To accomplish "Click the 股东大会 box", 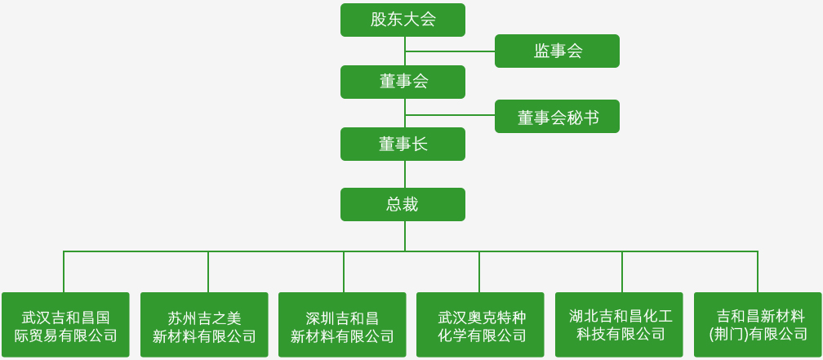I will [403, 20].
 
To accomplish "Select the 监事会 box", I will [557, 51].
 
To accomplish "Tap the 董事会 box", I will [403, 82].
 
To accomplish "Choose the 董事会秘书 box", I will [557, 117].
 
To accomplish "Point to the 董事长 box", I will [403, 144].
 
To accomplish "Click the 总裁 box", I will [403, 204].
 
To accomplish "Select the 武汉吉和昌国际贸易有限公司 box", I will [65, 325].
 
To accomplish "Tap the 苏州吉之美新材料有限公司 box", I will [204, 325].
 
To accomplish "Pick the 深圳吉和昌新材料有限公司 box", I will [342, 325].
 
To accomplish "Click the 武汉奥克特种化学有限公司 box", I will [480, 325].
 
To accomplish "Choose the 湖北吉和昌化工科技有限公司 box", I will [619, 325].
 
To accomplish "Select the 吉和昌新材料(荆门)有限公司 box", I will [758, 325].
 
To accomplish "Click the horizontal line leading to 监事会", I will [450, 51].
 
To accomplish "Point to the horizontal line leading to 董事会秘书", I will [450, 116].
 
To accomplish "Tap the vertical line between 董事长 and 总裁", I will [405, 174].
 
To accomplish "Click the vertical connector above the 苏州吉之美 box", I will [208, 271].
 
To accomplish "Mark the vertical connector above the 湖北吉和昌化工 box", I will [622, 271].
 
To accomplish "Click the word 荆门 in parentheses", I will [727, 334].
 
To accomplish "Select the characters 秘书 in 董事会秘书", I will [582, 118].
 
